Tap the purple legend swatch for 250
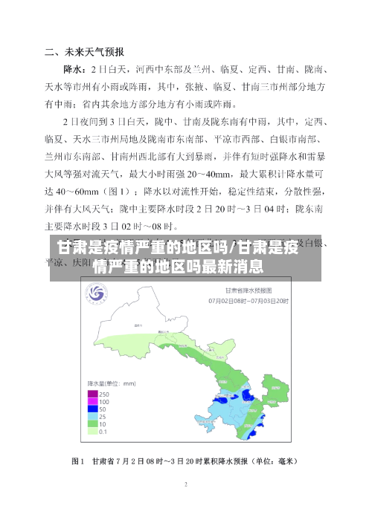93,393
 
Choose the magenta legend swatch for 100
93,400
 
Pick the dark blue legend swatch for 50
93,408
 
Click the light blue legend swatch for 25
93,415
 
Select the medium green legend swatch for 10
93,423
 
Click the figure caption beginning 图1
186,461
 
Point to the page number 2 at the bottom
186,484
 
